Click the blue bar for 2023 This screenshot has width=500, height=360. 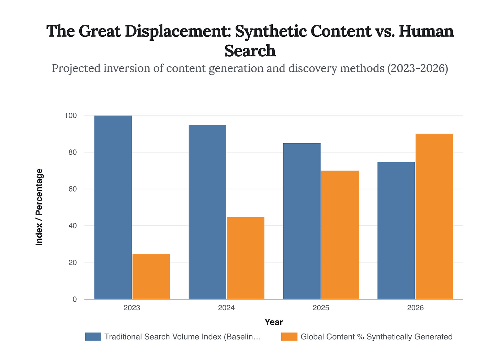[113, 207]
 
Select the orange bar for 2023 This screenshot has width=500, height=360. [151, 276]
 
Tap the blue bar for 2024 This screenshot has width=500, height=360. [207, 212]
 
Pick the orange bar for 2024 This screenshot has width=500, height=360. [246, 258]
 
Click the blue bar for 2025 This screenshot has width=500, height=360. [302, 221]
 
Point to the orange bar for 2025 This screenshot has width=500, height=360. [340, 235]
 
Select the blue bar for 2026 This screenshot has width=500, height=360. [396, 230]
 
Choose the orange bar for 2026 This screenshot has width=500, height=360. [434, 216]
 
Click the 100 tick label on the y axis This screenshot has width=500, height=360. [70, 115]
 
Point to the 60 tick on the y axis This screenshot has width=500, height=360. [72, 189]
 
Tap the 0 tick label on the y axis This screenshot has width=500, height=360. [75, 299]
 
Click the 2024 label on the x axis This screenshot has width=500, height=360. [226, 308]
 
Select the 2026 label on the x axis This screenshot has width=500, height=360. [415, 308]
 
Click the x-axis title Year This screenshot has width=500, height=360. [274, 322]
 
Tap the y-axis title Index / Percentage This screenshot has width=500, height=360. [39, 207]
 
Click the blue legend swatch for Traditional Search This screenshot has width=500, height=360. [93, 337]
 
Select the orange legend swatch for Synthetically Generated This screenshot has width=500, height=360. [289, 337]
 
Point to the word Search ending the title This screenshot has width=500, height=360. [250, 51]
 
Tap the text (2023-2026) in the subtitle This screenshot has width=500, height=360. [417, 68]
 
